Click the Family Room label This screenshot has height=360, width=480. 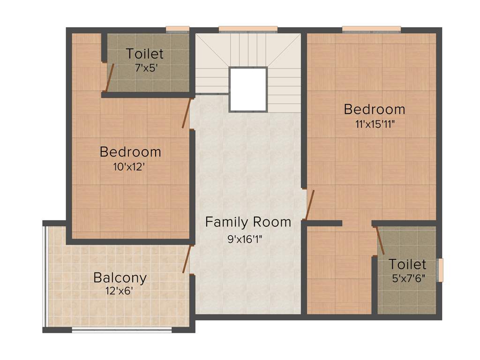coord(248,222)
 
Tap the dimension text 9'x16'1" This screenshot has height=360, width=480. coord(245,239)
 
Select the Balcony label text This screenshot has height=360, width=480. coord(120,277)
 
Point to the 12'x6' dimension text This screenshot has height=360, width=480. coord(120,291)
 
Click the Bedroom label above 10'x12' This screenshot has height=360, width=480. coord(130,152)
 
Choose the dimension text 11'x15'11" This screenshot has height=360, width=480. coord(374,124)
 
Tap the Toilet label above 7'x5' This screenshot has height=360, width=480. coord(145,53)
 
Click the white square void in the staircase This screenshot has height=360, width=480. coord(248,89)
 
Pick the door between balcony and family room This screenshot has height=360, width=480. coord(187,259)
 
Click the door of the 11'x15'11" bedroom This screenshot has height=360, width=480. coord(309,205)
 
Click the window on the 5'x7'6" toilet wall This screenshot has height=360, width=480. coord(440,270)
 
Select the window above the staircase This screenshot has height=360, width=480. coord(248,30)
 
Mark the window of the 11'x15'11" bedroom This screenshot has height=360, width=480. coord(371,30)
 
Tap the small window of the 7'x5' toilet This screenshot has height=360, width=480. coord(178,30)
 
